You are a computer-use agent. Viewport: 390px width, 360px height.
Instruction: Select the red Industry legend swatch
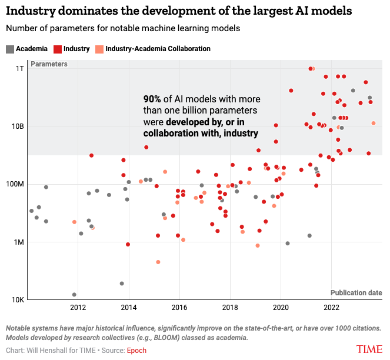(x=58, y=49)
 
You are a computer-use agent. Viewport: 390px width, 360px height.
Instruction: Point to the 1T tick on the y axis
(x=20, y=69)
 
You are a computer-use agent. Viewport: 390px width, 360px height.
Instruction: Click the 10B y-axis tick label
(x=18, y=126)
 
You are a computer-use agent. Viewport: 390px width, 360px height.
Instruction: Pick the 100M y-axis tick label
(x=15, y=184)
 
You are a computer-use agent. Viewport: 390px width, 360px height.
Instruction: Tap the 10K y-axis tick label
(x=18, y=299)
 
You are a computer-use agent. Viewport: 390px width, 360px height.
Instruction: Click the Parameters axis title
(x=49, y=64)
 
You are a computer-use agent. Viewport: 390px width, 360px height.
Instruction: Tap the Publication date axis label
(x=356, y=292)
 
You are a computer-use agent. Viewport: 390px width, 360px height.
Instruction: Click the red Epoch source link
(x=137, y=351)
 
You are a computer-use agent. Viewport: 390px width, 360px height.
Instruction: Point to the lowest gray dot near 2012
(x=74, y=295)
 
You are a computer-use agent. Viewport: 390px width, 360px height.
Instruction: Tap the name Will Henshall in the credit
(x=55, y=351)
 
